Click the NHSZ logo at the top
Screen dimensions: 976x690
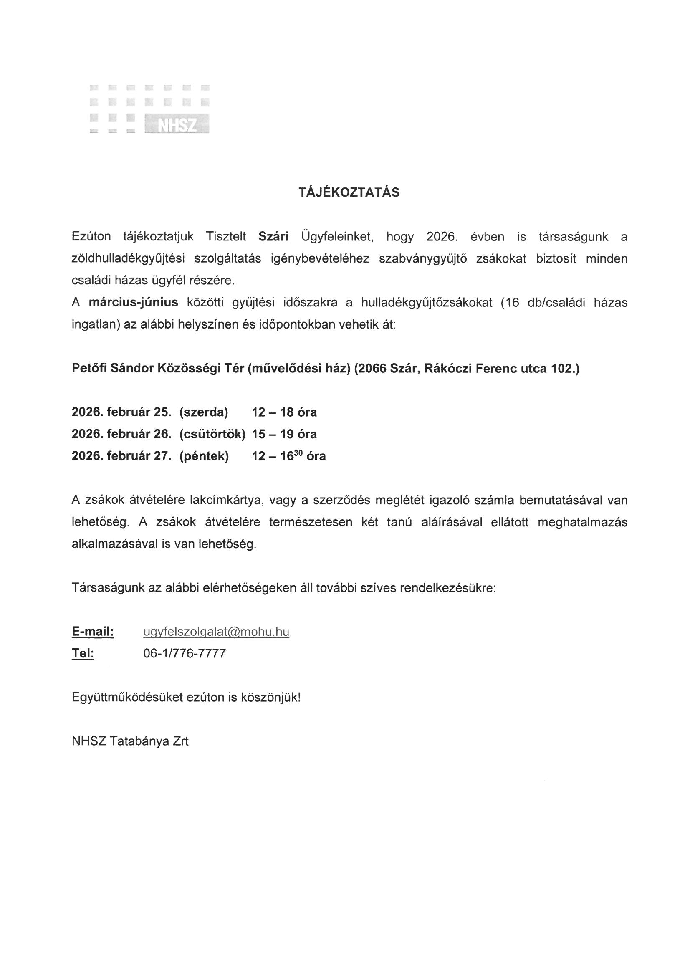(x=150, y=109)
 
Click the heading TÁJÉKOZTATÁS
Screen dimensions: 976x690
(x=349, y=192)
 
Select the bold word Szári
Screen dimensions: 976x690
(x=273, y=237)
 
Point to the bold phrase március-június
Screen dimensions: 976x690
(x=133, y=303)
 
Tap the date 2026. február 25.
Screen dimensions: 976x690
(x=121, y=412)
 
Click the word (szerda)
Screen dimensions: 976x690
(x=204, y=412)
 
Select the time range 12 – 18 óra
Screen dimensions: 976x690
(x=284, y=412)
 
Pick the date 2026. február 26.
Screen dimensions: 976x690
(x=121, y=434)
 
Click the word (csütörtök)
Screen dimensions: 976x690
(x=212, y=434)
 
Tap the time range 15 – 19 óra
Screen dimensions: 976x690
(x=284, y=434)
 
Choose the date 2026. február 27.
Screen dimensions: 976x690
(x=121, y=456)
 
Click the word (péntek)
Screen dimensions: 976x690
(x=204, y=456)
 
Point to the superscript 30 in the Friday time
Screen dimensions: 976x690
(x=298, y=452)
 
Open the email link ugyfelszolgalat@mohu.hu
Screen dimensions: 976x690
(x=216, y=632)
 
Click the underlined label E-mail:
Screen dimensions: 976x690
(x=93, y=632)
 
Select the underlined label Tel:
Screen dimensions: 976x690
(x=83, y=653)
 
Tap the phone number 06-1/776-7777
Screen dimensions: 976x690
(x=185, y=653)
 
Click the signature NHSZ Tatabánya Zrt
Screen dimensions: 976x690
(x=130, y=741)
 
